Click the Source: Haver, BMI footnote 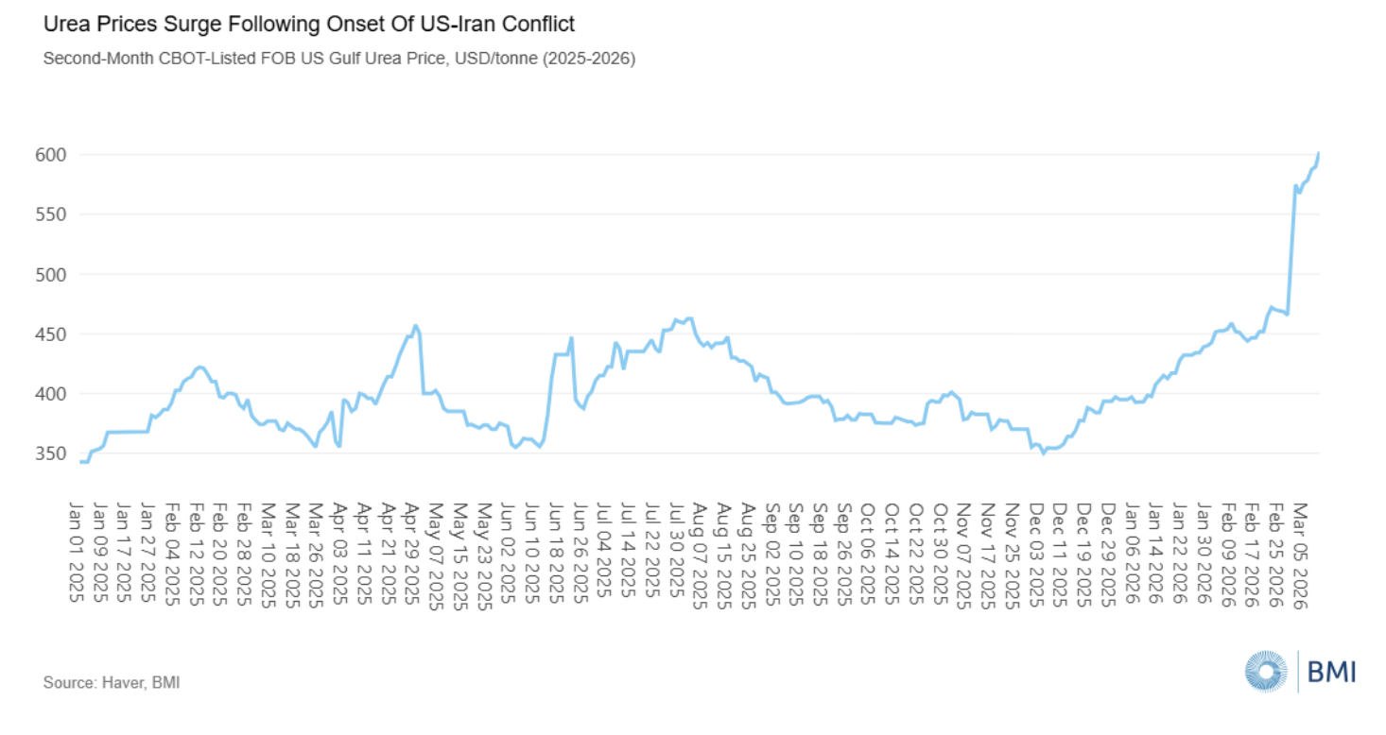point(111,681)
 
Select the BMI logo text point(1331,672)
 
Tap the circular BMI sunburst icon point(1266,672)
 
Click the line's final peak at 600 point(1319,153)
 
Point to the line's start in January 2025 point(82,462)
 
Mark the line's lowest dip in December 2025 point(1044,453)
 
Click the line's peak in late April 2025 point(416,326)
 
